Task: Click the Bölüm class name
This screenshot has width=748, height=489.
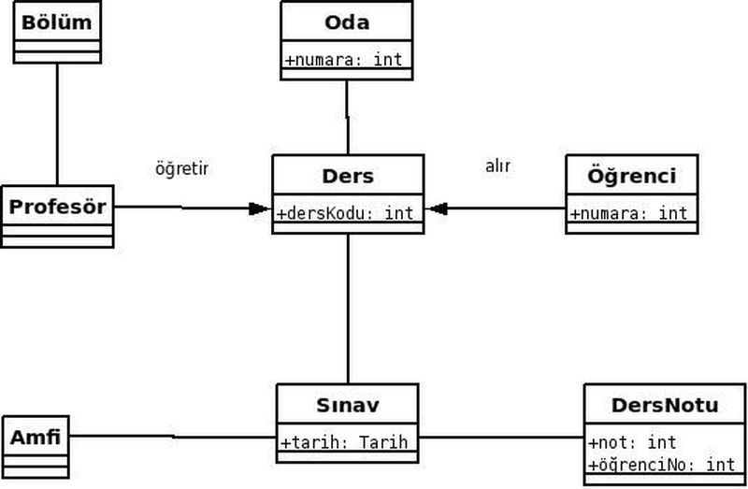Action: (x=56, y=22)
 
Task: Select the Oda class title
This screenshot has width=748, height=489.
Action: (x=346, y=22)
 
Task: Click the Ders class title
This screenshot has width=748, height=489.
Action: (x=347, y=176)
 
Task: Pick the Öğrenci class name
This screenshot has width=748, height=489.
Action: (x=631, y=176)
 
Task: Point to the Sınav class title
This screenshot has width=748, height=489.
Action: (x=347, y=406)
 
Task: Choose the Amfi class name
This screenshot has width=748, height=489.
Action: (x=36, y=437)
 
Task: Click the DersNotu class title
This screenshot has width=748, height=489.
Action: (x=665, y=405)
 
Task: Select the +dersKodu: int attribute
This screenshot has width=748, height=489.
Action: (x=346, y=213)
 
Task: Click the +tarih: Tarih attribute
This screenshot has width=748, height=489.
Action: (x=345, y=442)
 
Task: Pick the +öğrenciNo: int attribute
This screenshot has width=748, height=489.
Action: (x=662, y=465)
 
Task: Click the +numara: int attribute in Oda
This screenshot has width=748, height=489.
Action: (x=344, y=60)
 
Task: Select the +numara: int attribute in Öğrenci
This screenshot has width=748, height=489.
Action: (x=629, y=213)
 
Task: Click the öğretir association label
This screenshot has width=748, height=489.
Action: (x=181, y=169)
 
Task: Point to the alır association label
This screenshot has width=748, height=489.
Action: (x=497, y=166)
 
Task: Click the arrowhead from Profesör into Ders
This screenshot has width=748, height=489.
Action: (x=260, y=209)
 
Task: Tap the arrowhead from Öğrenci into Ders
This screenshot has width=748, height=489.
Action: (x=436, y=209)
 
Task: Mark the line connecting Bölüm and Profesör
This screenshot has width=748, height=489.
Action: (x=57, y=123)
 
